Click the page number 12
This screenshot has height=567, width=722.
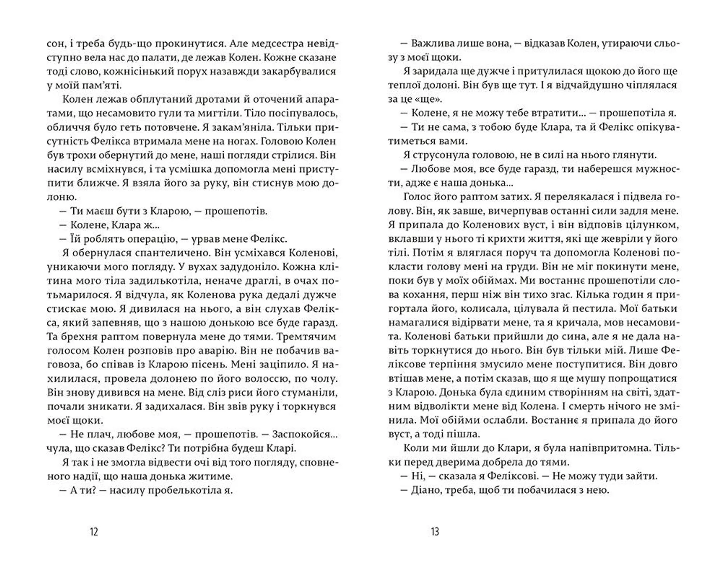tap(94, 532)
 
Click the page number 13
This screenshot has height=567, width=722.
tap(435, 532)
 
